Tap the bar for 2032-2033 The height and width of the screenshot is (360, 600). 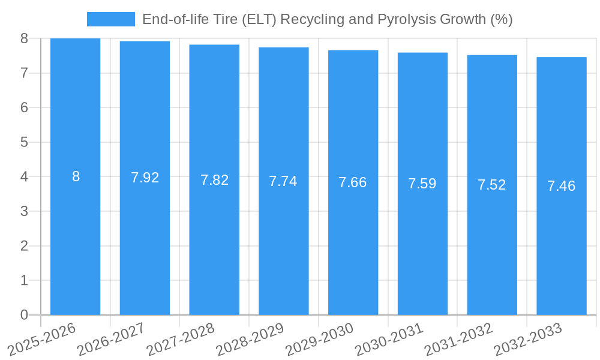click(562, 240)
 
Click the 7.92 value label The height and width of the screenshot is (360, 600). click(145, 178)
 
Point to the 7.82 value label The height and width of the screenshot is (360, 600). click(214, 180)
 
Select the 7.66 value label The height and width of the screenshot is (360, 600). click(353, 183)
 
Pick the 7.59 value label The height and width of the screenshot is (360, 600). click(422, 184)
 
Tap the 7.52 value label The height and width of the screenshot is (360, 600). click(492, 185)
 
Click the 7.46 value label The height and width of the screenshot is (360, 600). click(562, 186)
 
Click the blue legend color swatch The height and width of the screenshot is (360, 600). click(111, 19)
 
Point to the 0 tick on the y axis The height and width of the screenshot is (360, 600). click(24, 315)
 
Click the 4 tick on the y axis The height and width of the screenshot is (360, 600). click(24, 177)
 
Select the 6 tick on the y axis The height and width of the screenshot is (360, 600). click(24, 107)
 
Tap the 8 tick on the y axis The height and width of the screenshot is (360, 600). click(24, 38)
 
